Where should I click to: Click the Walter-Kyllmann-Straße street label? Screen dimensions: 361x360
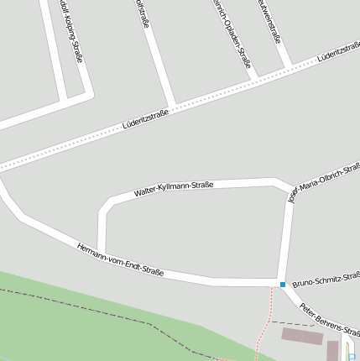click(174, 190)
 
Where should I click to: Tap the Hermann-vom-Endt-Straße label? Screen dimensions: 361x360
click(119, 259)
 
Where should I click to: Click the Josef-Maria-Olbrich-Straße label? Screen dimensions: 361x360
click(323, 183)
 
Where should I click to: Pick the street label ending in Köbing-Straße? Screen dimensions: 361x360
click(71, 32)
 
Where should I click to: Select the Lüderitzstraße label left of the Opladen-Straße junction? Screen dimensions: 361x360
click(145, 122)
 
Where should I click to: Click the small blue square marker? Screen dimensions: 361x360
click(283, 285)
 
